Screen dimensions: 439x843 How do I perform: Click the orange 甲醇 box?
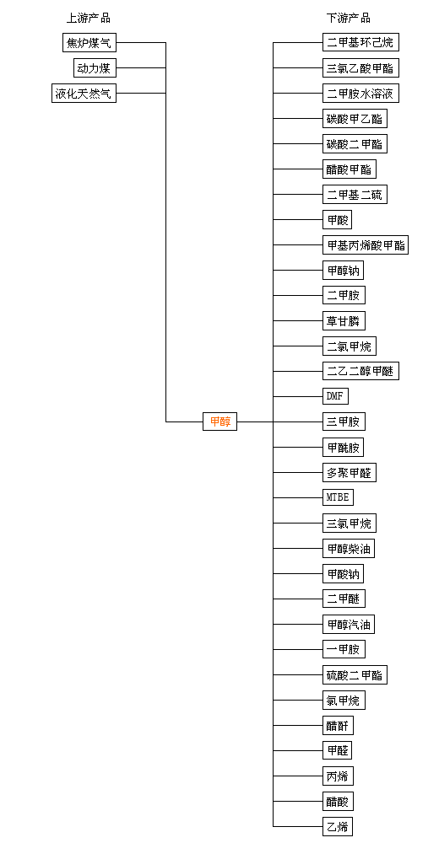pos(219,421)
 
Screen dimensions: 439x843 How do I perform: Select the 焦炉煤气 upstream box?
pos(89,42)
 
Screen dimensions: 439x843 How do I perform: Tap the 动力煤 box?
pos(95,67)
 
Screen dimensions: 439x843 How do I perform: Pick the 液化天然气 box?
pos(84,93)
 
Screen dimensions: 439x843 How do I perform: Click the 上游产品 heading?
pos(89,18)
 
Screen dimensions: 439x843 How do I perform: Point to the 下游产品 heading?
pos(349,18)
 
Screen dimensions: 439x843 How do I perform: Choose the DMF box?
pos(335,396)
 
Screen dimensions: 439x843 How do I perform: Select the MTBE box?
pos(339,497)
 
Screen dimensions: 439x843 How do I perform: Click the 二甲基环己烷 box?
pos(360,42)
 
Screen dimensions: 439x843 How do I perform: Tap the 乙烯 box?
pos(339,826)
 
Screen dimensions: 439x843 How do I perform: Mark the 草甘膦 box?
pos(344,321)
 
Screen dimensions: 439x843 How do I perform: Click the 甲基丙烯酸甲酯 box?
pos(366,245)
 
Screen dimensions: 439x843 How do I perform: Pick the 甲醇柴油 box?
pos(349,549)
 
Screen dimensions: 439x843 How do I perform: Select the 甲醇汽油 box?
pos(349,624)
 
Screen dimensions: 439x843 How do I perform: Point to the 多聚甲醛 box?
pos(349,473)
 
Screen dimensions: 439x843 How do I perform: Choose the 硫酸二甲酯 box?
pos(355,674)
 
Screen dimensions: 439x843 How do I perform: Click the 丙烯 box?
pos(339,776)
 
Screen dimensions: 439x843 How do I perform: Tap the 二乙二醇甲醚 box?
pos(360,371)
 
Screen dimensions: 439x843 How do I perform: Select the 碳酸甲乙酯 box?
pos(355,118)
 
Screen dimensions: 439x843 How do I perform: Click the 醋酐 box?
pos(339,725)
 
